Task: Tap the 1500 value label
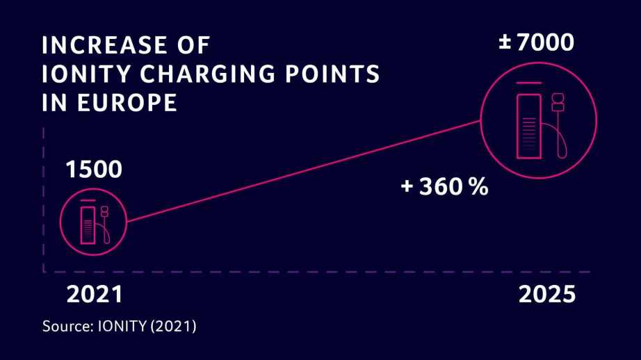coord(93,169)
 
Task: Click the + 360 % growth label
coord(444,186)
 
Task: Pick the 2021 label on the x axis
coord(94,294)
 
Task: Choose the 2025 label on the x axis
coord(547,294)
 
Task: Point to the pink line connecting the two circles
coord(302,170)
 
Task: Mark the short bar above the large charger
coord(528,83)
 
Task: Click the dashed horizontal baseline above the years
coord(313,271)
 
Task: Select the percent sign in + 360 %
coord(478,186)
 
